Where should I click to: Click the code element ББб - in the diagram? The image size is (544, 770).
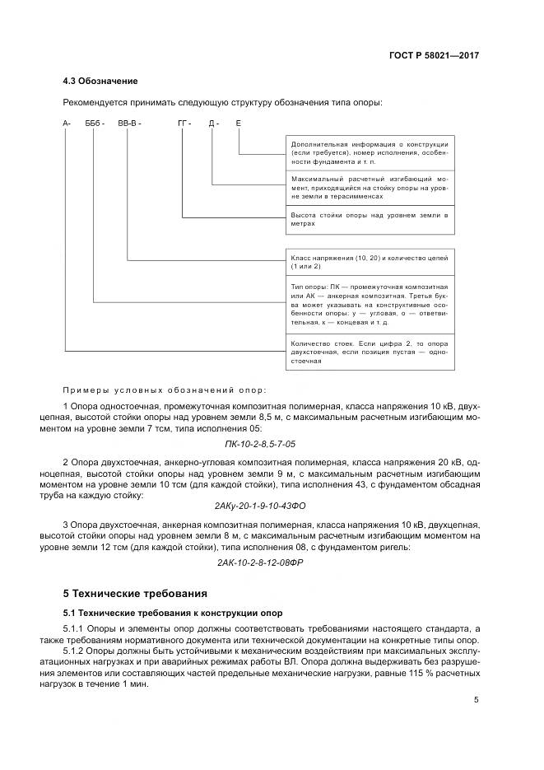[x=96, y=124]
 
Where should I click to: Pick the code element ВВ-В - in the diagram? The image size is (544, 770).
[x=129, y=124]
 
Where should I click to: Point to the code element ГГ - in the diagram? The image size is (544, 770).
[x=184, y=124]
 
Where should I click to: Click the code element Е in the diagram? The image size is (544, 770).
[x=238, y=124]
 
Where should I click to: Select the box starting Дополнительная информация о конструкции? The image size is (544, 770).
[x=369, y=152]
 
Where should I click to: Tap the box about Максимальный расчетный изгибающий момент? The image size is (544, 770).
[x=369, y=188]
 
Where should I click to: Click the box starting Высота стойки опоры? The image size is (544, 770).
[x=369, y=218]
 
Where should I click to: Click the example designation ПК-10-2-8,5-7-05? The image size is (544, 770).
[x=272, y=443]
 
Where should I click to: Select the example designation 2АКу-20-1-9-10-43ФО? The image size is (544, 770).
[x=272, y=505]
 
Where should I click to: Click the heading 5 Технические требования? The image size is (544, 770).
[x=136, y=593]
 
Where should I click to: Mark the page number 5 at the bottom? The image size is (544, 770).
[x=477, y=700]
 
